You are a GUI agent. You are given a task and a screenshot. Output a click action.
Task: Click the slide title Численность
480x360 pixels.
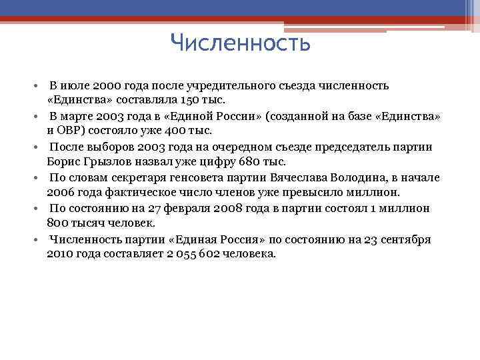[x=240, y=43]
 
